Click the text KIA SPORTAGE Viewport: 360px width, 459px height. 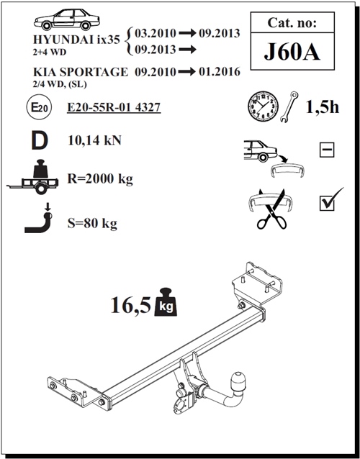81,73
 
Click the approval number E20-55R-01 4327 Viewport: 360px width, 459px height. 113,109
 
